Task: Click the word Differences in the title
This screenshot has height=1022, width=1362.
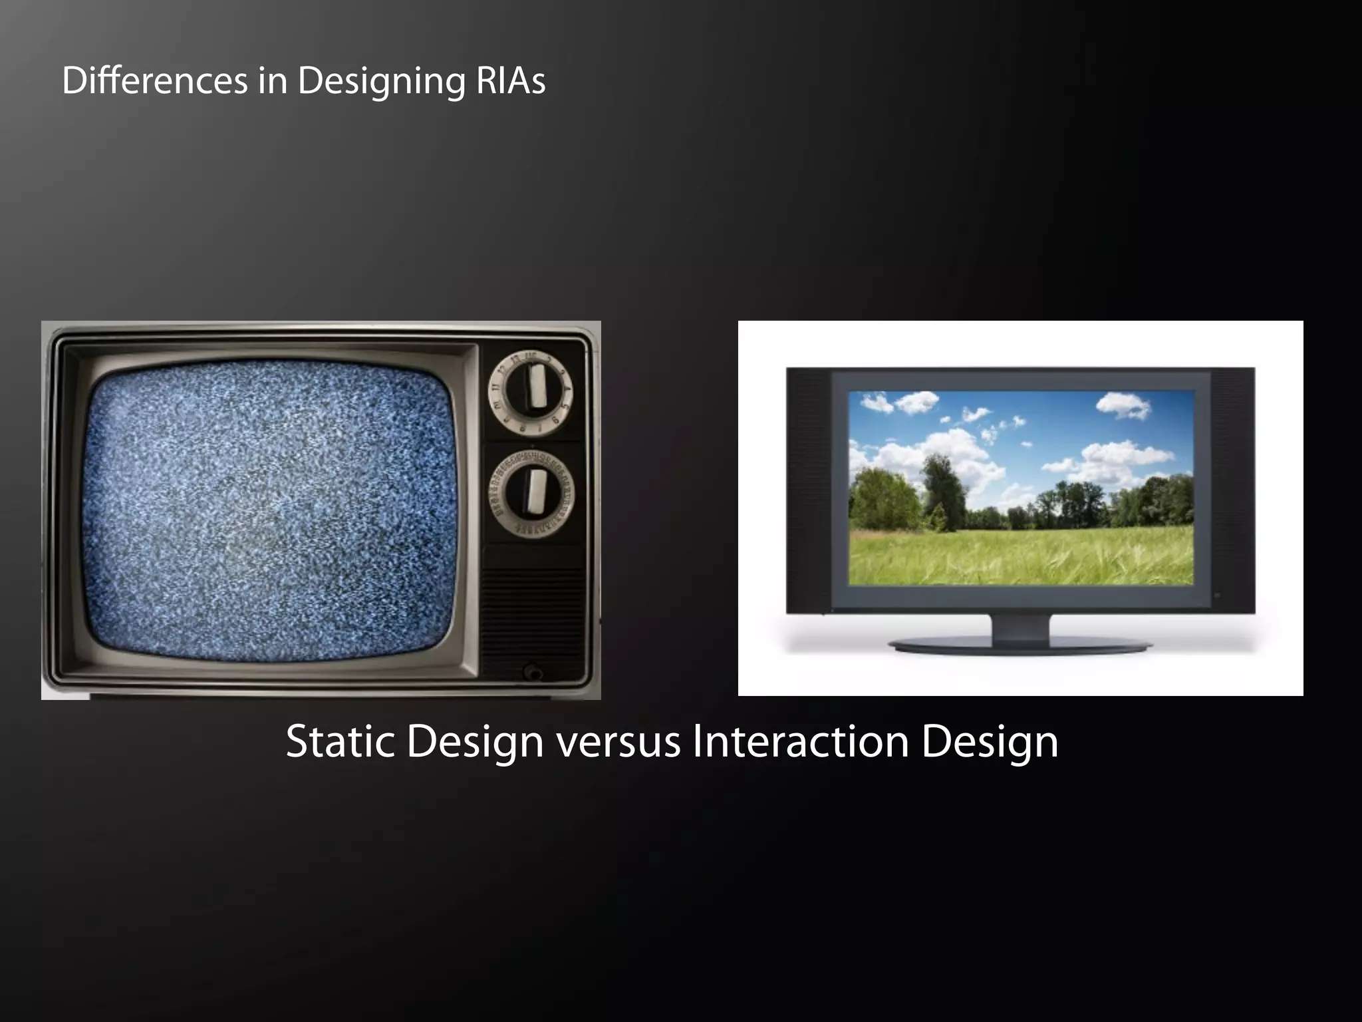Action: point(155,81)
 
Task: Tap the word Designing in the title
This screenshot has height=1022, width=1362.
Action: point(381,82)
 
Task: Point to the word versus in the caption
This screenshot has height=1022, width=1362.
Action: point(618,741)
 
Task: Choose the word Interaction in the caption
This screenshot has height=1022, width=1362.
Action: point(800,741)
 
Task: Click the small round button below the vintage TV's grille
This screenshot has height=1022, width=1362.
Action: point(532,672)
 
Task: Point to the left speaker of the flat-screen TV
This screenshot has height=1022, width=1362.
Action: point(808,489)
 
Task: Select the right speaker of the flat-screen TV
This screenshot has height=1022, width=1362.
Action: point(1232,489)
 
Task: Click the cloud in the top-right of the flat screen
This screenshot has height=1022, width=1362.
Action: point(1124,405)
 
